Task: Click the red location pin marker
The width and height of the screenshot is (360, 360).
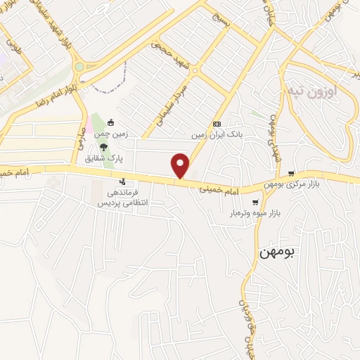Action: (x=181, y=165)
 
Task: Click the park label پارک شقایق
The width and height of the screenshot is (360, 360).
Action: (x=101, y=158)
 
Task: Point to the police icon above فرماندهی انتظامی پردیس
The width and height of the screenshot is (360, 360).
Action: (x=124, y=182)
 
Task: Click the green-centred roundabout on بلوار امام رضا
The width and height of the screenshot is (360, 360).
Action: (x=79, y=67)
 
